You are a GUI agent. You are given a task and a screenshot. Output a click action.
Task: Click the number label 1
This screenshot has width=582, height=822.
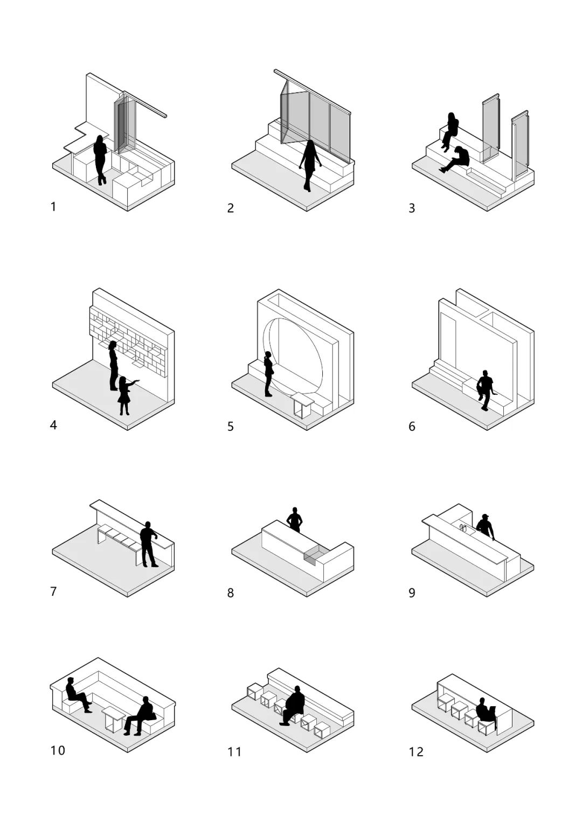pos(53,206)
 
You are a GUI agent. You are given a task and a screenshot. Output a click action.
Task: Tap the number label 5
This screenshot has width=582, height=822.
pos(231,427)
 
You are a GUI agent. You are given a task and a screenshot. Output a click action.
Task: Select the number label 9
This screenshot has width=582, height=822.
pos(412,593)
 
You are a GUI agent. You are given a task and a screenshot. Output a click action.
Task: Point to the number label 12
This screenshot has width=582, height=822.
pos(416,751)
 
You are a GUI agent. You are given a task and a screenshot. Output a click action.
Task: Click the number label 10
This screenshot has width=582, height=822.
pos(58,750)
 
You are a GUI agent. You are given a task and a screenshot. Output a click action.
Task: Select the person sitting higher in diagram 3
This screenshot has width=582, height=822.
pos(451,130)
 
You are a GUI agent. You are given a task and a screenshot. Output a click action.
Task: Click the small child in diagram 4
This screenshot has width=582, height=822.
pos(125,395)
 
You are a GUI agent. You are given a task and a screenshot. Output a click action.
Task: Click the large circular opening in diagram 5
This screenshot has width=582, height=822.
pos(294,356)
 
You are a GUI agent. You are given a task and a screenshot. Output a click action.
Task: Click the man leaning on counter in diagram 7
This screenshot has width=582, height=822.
pos(148,544)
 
